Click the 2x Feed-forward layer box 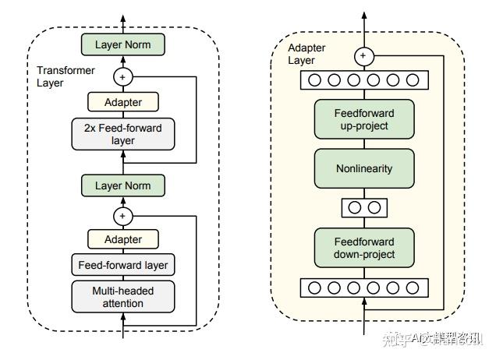122,133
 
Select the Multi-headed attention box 122,296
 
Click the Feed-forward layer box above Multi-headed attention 122,265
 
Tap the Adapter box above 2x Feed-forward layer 122,101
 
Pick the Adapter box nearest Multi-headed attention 122,239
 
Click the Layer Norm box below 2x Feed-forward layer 122,185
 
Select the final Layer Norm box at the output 122,44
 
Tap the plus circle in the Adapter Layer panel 363,56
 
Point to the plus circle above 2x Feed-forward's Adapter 122,76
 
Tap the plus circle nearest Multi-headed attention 122,215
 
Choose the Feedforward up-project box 363,119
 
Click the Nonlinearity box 363,168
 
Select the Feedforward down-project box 363,248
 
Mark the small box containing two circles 363,208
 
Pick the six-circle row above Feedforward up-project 363,80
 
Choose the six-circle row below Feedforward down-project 363,288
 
